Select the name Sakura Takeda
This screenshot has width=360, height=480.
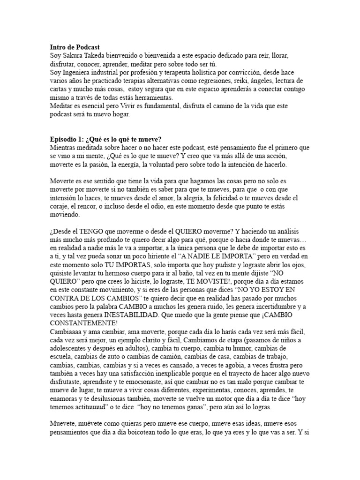(81, 55)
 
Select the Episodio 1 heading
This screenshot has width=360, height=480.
(105, 140)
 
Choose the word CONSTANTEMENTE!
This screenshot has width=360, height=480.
(84, 325)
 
